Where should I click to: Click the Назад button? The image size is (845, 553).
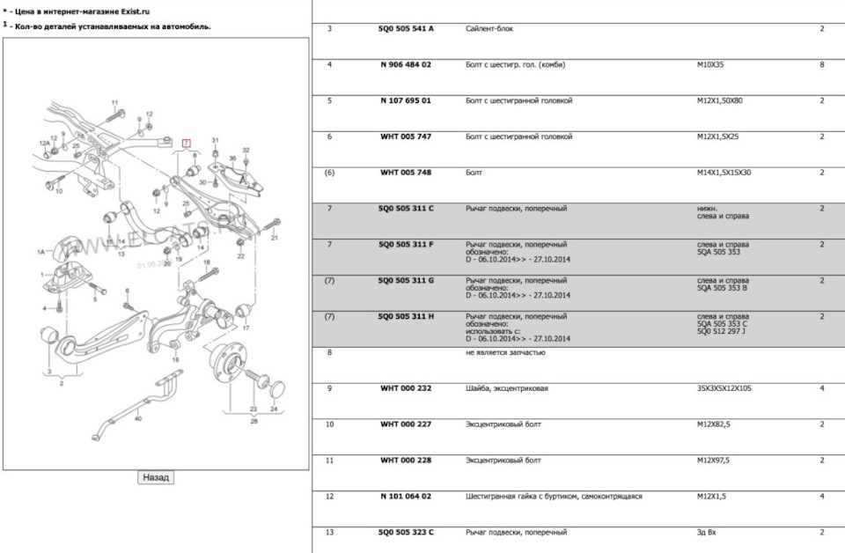pos(156,477)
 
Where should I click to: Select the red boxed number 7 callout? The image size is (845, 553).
pos(186,143)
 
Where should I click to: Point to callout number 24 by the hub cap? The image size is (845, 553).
pos(274,409)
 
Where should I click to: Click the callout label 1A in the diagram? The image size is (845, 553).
pos(40,252)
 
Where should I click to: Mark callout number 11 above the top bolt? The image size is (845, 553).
pos(114,104)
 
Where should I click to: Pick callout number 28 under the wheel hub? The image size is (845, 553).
pos(253,421)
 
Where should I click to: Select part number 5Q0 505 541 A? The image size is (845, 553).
pos(406,29)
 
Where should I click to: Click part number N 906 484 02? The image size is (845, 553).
pos(406,64)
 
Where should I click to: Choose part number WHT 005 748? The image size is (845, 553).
pos(406,173)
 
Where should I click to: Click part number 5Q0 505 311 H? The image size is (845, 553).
pos(406,316)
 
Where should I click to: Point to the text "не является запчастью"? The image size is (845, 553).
pos(505,352)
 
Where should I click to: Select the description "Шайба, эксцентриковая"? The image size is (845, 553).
pos(507,388)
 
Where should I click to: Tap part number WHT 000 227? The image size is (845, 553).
pos(406,424)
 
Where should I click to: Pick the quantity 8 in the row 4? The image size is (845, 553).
pos(821,64)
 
